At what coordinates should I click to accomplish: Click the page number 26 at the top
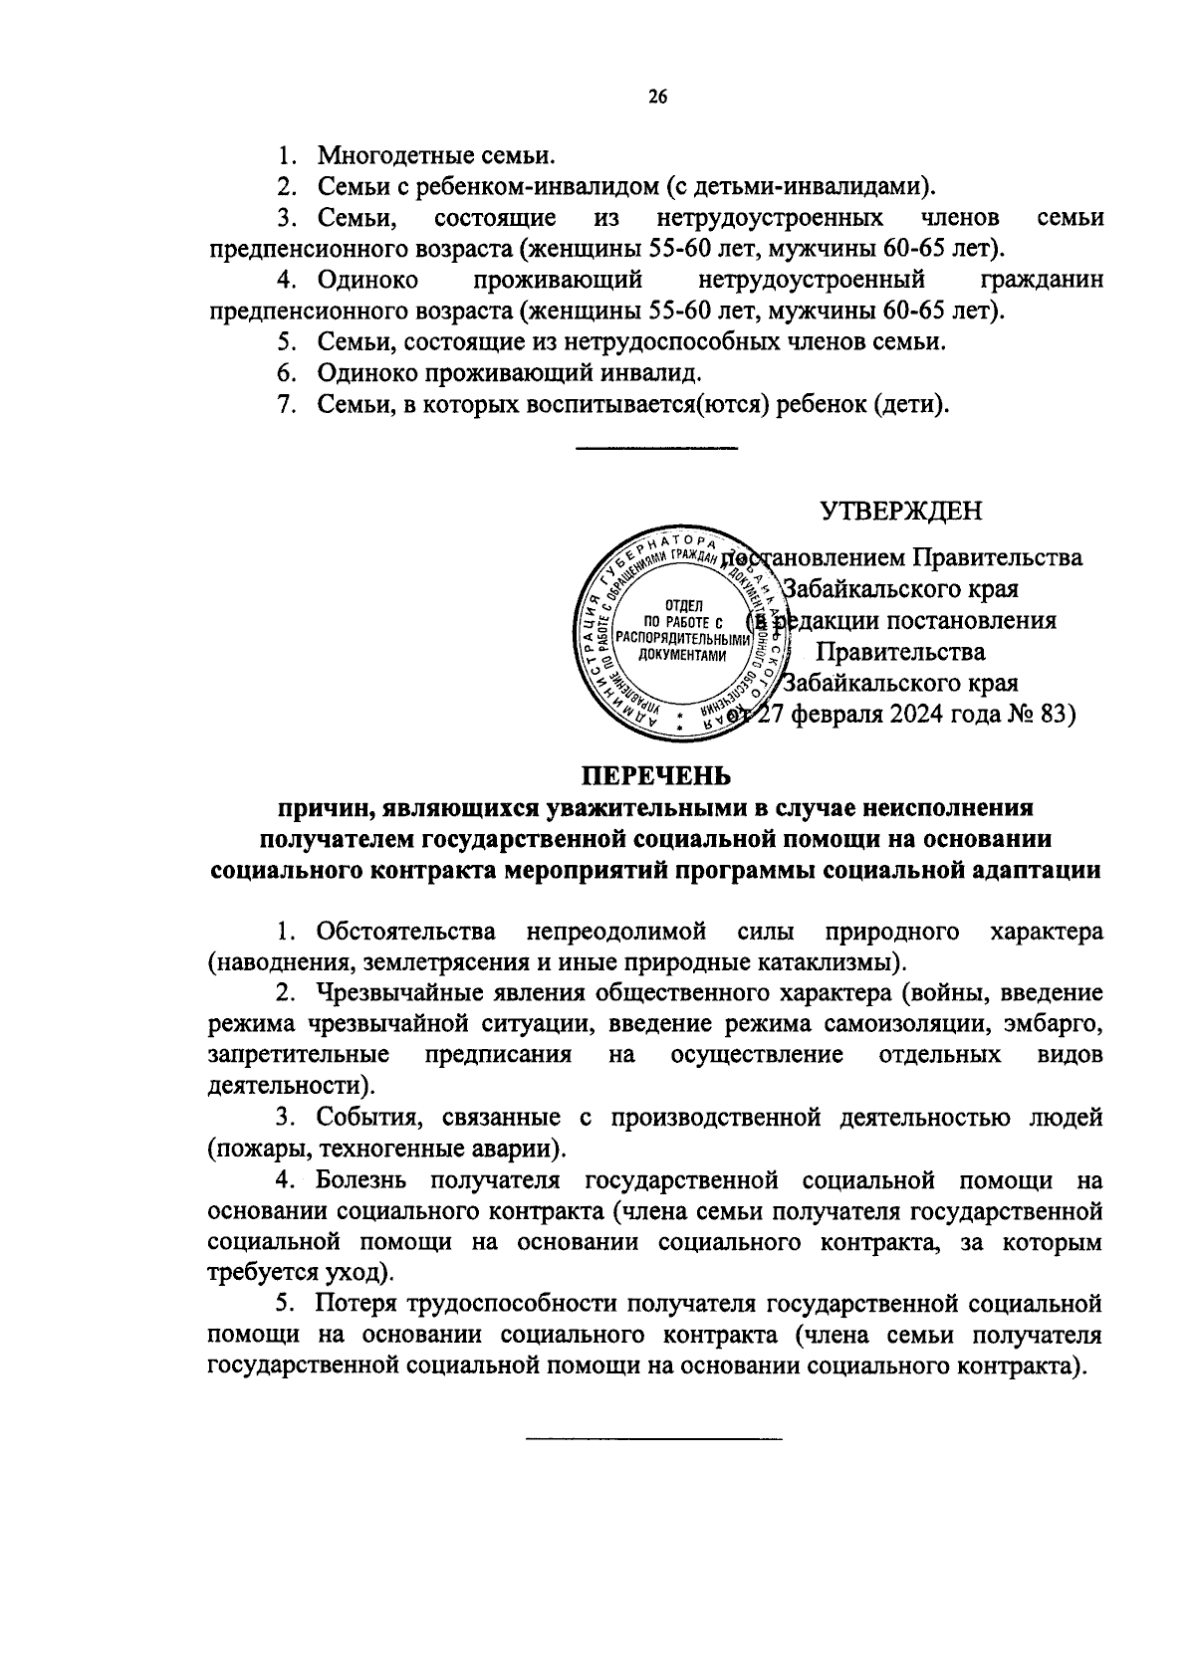click(656, 97)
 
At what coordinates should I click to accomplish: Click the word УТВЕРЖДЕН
click(900, 511)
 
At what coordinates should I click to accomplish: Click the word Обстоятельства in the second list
click(406, 932)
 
